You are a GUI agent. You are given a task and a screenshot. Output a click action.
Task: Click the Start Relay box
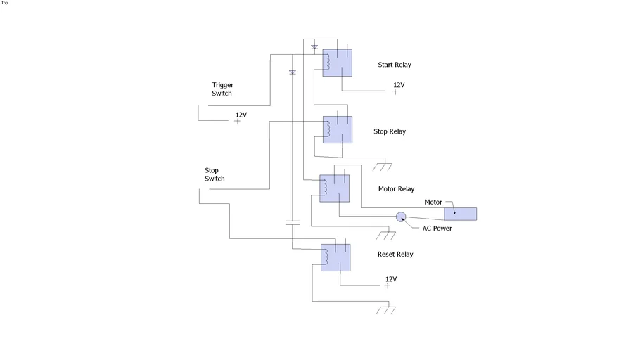point(338,63)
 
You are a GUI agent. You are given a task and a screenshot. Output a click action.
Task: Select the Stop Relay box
point(338,129)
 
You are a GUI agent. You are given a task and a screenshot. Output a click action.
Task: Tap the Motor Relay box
point(335,188)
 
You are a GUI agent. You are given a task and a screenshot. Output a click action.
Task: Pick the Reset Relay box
point(335,257)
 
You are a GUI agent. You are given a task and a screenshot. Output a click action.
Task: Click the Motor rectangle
point(460,214)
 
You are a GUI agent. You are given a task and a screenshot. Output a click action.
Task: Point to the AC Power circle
point(401,217)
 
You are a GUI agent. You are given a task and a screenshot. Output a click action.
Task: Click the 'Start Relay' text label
point(395,65)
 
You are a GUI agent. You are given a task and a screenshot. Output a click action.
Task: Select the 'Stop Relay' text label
point(390,131)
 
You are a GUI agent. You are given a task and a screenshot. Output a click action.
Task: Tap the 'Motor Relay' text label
point(397,189)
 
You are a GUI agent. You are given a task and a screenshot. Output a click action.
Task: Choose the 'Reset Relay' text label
point(395,255)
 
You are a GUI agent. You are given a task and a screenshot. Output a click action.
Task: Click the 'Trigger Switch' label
point(222,89)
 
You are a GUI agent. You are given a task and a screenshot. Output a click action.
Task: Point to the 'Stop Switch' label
point(215,174)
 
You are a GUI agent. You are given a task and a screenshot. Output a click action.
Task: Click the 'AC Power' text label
point(437,229)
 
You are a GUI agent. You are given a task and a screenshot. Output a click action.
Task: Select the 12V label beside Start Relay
point(399,85)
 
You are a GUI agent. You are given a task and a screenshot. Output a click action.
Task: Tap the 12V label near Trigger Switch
point(241,115)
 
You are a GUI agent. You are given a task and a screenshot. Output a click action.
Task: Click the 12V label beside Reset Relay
point(390,279)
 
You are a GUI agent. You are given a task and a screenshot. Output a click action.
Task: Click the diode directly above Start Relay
point(314,47)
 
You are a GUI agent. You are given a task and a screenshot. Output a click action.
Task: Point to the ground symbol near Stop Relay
point(383,167)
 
